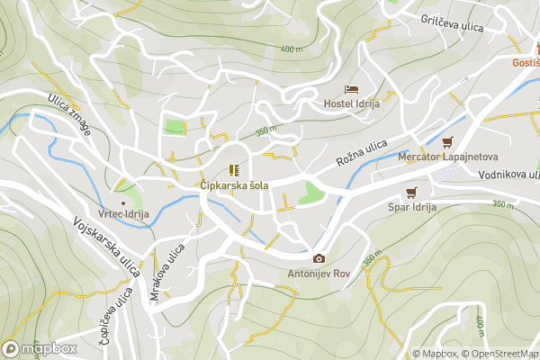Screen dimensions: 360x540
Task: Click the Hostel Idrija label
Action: point(352,103)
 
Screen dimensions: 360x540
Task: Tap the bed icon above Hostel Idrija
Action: point(352,89)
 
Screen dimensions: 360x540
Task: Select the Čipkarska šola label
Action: point(234,184)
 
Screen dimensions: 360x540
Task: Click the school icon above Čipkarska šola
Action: point(234,170)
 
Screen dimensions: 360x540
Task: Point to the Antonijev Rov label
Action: point(317,274)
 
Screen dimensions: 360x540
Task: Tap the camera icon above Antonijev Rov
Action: point(317,259)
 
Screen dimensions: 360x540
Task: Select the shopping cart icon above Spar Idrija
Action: point(412,192)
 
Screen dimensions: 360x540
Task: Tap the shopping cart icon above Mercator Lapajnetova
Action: point(447,142)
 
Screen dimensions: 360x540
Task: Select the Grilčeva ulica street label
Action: point(454,20)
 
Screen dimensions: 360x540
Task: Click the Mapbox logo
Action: point(40,348)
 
